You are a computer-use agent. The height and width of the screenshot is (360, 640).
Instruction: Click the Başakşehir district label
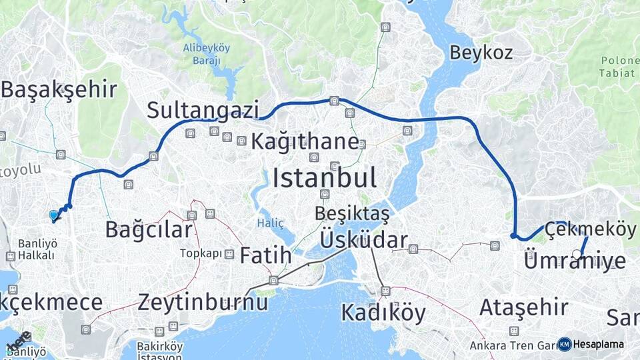pos(59,90)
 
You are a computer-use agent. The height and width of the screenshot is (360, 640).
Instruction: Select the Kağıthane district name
pos(305,141)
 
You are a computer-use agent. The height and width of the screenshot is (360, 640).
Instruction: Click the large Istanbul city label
pos(325,178)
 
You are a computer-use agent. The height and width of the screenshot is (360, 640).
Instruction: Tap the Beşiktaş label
pos(351,214)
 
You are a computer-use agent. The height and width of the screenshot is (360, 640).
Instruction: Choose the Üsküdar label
pos(363,239)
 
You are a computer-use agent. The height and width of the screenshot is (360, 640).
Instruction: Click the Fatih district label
pos(265,255)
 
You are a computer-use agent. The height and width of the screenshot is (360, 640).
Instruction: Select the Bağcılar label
pos(149,230)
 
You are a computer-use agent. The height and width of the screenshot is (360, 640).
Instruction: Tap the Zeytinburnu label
pos(203,302)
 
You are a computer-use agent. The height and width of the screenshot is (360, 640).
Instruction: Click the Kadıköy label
pos(383,312)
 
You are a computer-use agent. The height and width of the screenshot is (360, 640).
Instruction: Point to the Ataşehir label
pos(524,307)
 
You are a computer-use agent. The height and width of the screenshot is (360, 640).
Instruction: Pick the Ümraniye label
pos(575,261)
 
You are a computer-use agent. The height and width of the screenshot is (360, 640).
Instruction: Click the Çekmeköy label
pos(590,229)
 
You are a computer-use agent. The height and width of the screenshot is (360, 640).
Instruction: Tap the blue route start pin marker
pos(53,215)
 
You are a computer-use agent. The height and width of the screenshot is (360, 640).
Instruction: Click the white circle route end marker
pos(577,253)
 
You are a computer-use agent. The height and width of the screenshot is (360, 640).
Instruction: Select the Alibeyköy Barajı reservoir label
pos(206,53)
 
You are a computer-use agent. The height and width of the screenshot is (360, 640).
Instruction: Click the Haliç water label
pos(271,222)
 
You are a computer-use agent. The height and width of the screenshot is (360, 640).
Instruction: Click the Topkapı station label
pos(201,254)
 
